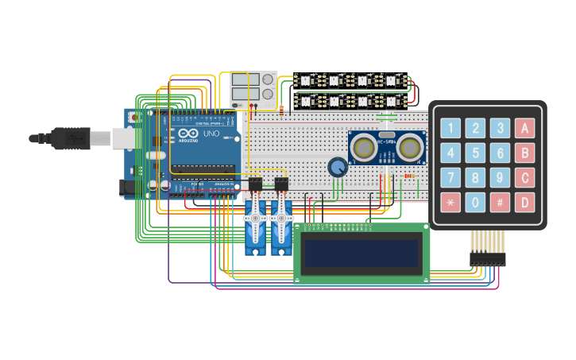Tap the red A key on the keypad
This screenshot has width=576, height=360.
pos(524,128)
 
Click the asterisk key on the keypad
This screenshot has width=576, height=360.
pos(450,202)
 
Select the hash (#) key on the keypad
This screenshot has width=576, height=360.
pos(500,202)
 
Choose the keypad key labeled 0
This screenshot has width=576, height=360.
pos(475,202)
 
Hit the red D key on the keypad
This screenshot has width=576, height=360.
pos(524,202)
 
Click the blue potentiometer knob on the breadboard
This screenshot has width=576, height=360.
pos(338,167)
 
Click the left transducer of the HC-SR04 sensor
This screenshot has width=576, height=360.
pos(364,147)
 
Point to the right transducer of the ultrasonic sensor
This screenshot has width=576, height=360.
pos(410,147)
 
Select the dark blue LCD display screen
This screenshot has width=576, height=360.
pos(361,254)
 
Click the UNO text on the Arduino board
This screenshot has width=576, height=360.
pos(211,134)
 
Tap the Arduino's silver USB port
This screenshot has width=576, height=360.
pos(124,138)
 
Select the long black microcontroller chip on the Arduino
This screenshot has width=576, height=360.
pos(203,168)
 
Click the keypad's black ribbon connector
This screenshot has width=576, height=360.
pos(487,258)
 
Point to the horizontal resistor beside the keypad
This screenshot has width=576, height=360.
pos(408,176)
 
